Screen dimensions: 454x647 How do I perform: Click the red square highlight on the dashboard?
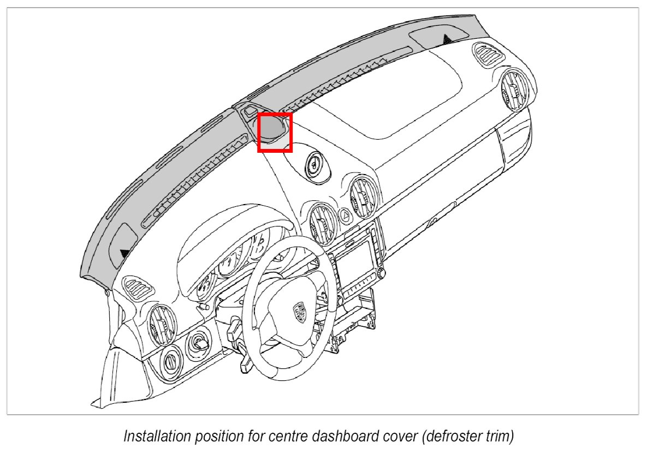click(x=275, y=132)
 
